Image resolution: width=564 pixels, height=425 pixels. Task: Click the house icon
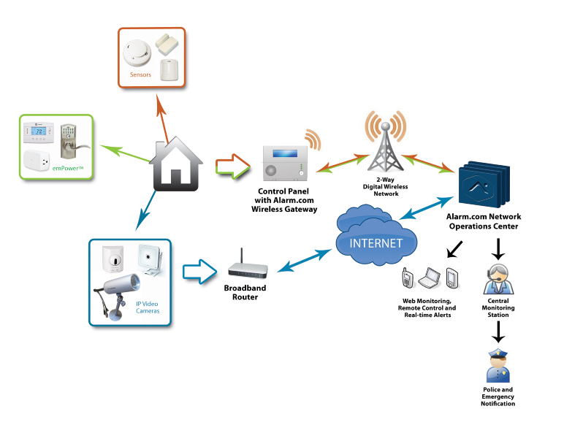176,164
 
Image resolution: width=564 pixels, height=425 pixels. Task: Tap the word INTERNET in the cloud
376,243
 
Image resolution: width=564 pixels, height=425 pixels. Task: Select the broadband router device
248,265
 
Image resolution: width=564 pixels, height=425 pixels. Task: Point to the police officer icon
498,366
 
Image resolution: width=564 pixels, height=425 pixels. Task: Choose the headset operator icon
498,280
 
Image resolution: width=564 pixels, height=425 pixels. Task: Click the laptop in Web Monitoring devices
430,277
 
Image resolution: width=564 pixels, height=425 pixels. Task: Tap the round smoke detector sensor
137,53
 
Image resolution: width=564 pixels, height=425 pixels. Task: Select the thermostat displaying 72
39,132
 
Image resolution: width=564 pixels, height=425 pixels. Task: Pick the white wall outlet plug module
37,161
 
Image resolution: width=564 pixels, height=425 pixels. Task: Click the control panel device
285,163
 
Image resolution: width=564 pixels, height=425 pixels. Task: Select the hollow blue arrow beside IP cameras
199,272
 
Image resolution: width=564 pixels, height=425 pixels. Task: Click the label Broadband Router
245,292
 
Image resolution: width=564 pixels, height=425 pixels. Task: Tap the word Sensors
140,74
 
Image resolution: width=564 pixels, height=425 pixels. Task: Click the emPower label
68,168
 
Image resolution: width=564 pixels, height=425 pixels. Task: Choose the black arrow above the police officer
498,332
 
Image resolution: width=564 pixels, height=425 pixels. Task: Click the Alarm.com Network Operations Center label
484,221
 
